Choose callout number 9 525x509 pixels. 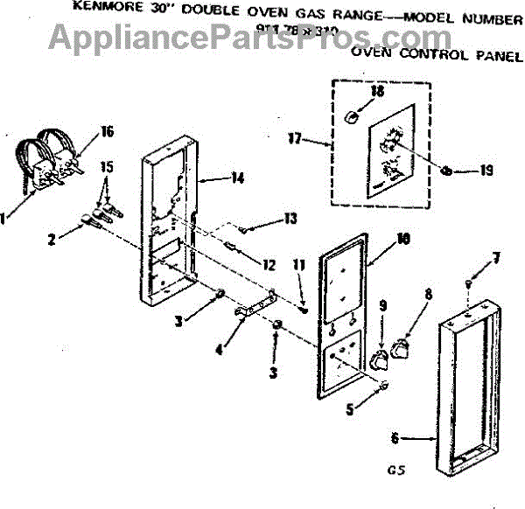[381, 305]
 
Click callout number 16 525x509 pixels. [108, 132]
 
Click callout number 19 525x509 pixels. [487, 171]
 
